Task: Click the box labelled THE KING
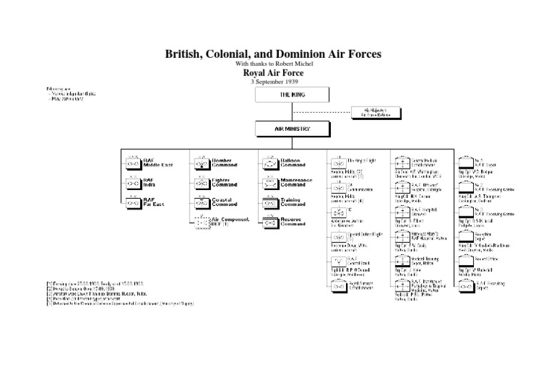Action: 292,95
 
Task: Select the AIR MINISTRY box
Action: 292,129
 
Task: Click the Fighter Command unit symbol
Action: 199,183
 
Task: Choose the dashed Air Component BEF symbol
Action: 199,222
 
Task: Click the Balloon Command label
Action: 293,163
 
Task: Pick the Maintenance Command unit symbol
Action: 269,183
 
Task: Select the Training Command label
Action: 294,202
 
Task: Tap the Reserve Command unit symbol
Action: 269,222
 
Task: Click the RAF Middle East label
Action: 157,163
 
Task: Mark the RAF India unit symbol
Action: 132,183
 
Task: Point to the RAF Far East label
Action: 154,202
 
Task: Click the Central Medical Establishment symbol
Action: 401,162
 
